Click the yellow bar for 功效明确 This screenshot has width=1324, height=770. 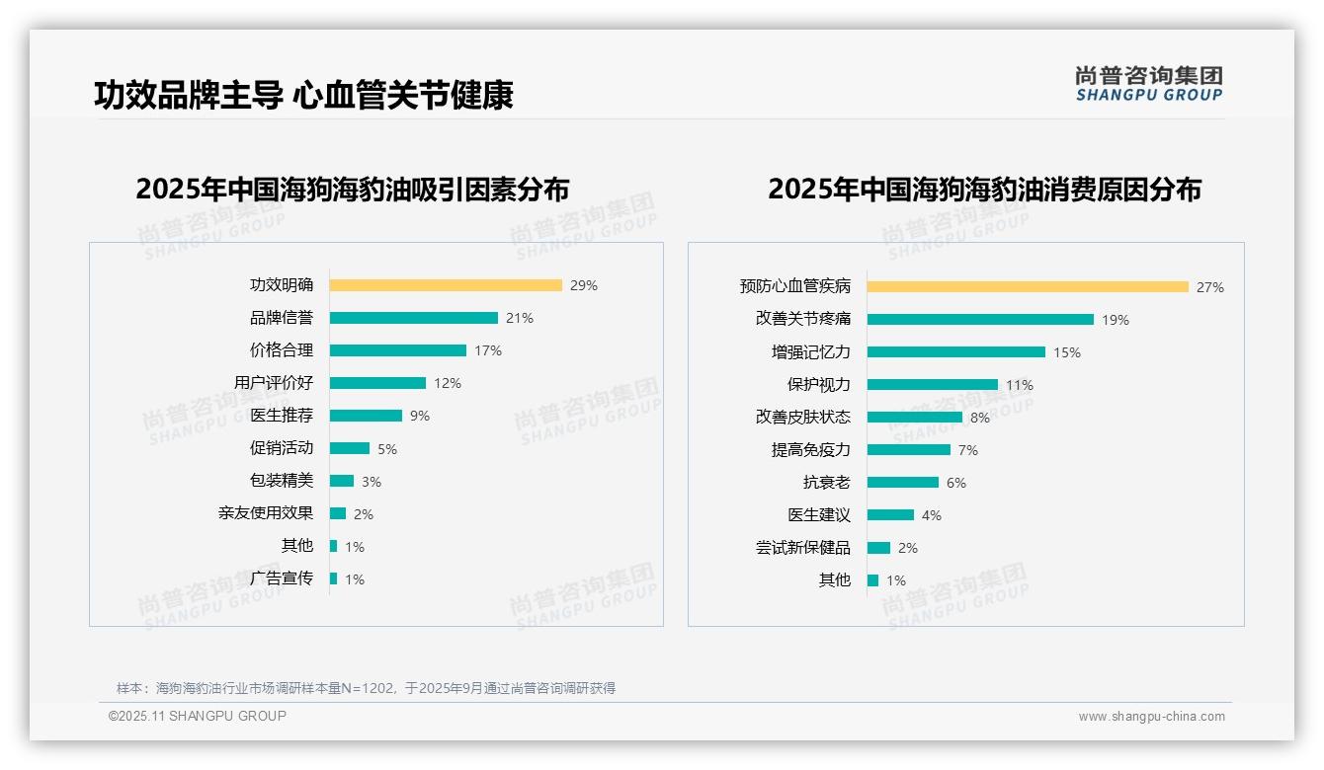click(x=446, y=285)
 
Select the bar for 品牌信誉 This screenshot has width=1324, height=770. click(x=413, y=318)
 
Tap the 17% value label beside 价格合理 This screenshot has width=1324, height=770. click(x=488, y=350)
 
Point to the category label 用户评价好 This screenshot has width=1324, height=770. click(x=274, y=383)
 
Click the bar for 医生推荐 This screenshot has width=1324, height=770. click(x=366, y=416)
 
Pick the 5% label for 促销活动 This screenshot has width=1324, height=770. click(x=387, y=449)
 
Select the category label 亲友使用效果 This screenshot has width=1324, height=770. click(x=266, y=513)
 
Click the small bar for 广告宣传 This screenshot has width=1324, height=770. click(x=333, y=578)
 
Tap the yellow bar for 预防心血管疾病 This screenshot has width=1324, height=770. click(x=1028, y=287)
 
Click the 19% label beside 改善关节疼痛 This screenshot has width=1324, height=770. click(x=1116, y=320)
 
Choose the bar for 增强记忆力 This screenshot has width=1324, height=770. click(x=955, y=352)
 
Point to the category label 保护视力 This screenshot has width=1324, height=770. click(x=818, y=385)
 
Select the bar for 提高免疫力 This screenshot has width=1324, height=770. click(x=908, y=450)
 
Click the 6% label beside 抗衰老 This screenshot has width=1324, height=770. click(x=956, y=483)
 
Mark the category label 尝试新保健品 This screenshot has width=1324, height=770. click(x=802, y=548)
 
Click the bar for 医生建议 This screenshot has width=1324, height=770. click(x=890, y=515)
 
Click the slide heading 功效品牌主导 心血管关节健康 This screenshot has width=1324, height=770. click(x=303, y=95)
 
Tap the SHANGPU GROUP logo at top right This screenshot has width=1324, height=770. click(x=1148, y=84)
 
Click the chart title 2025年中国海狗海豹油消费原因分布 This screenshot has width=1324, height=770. click(x=984, y=190)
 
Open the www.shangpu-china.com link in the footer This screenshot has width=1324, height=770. click(x=1151, y=717)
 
